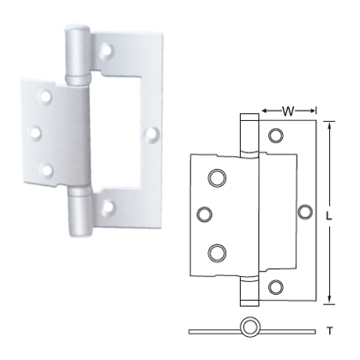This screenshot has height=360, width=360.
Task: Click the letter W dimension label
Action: [x=289, y=110]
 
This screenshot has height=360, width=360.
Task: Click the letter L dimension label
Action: [x=329, y=216]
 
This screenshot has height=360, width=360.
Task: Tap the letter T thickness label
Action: [x=329, y=328]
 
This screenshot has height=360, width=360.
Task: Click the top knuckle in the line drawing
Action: [x=249, y=134]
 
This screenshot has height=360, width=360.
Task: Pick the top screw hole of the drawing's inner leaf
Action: [x=214, y=177]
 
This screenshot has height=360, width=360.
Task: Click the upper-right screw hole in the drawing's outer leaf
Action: [x=276, y=135]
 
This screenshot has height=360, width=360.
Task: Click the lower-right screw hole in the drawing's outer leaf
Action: [x=276, y=286]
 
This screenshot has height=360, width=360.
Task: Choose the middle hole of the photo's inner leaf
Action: [x=35, y=133]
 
